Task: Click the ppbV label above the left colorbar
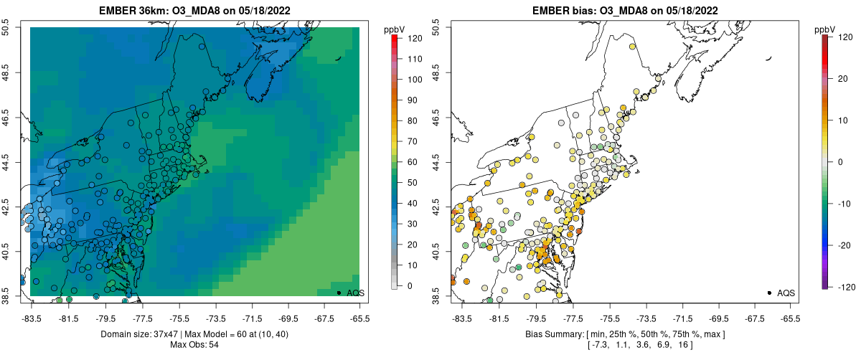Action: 395,29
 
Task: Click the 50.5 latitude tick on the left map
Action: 7,27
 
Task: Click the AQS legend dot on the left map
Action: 339,293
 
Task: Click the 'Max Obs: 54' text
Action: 195,345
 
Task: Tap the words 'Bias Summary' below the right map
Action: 550,334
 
